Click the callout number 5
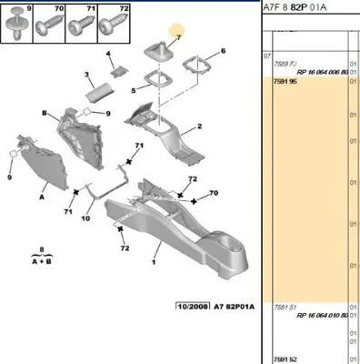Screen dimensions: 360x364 (133, 91)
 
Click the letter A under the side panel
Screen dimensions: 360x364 (41, 194)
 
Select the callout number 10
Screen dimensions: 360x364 (85, 218)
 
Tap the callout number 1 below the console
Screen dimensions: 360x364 (155, 264)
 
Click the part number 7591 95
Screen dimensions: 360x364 (284, 81)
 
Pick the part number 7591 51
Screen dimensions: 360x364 (284, 308)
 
